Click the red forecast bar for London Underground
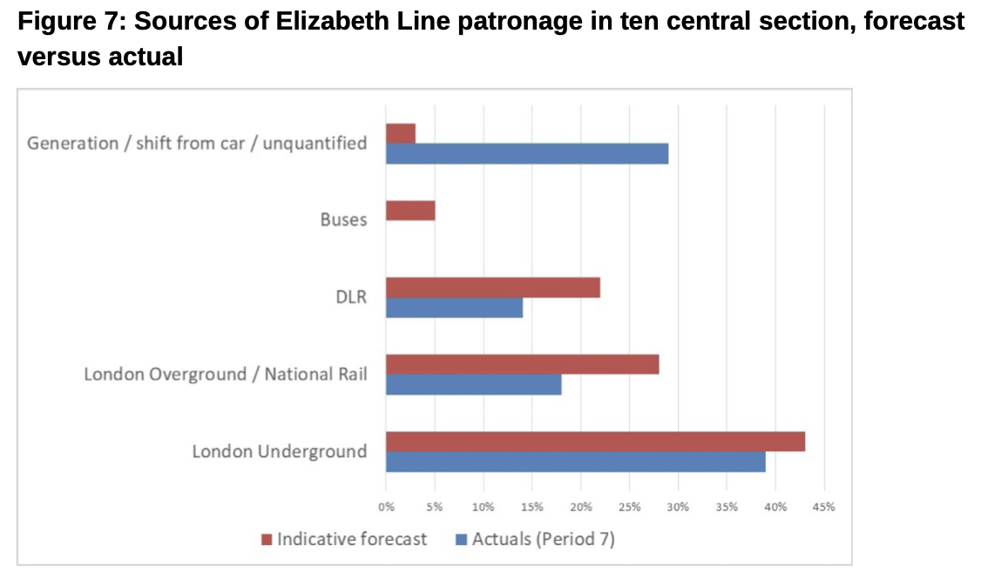pyautogui.click(x=595, y=442)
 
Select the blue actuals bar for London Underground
pyautogui.click(x=575, y=462)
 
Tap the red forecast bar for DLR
pyautogui.click(x=493, y=287)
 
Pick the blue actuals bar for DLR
pyautogui.click(x=454, y=307)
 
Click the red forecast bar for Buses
pyautogui.click(x=410, y=211)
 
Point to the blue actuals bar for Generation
pyautogui.click(x=527, y=154)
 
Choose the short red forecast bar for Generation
pyautogui.click(x=401, y=133)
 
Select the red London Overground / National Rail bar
pyautogui.click(x=522, y=364)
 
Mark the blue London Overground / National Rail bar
pyautogui.click(x=473, y=384)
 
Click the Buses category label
pyautogui.click(x=343, y=220)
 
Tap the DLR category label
pyautogui.click(x=353, y=297)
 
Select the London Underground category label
pyautogui.click(x=279, y=452)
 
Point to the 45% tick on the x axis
pyautogui.click(x=824, y=506)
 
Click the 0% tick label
pyautogui.click(x=386, y=506)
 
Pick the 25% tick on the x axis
pyautogui.click(x=630, y=506)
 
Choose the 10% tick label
pyautogui.click(x=484, y=506)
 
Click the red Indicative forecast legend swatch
pyautogui.click(x=267, y=539)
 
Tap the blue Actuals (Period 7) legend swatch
pyautogui.click(x=463, y=539)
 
